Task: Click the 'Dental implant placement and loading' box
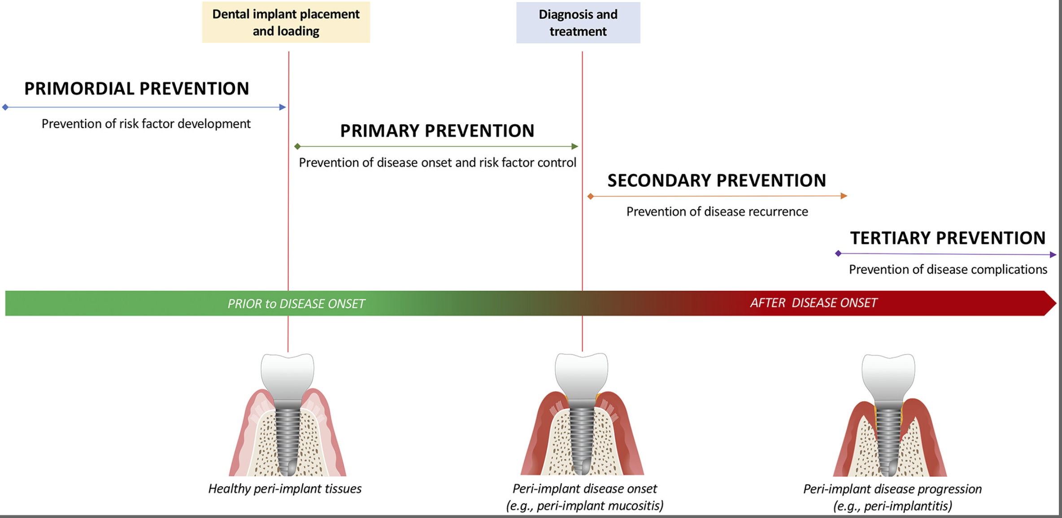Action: (x=286, y=22)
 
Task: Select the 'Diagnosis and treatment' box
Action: (x=578, y=23)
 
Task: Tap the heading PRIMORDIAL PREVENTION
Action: (x=137, y=89)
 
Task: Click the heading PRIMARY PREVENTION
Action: (x=437, y=131)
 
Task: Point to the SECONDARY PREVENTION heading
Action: (x=717, y=181)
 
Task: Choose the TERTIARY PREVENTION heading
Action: (x=948, y=238)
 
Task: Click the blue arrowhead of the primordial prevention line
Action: (x=283, y=107)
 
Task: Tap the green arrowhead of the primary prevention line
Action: (x=575, y=147)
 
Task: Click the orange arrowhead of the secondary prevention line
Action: (x=844, y=196)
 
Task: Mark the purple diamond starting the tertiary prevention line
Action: (x=838, y=254)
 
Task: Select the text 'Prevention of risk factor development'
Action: (x=146, y=124)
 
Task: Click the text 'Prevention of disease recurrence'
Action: (x=717, y=212)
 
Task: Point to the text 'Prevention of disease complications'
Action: (x=948, y=269)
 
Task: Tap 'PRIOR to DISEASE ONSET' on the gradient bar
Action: (x=296, y=304)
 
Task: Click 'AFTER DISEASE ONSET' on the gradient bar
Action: (x=814, y=303)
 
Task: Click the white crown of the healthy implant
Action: (x=287, y=376)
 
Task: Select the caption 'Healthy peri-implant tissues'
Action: (x=285, y=488)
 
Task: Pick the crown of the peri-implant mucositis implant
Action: (x=582, y=376)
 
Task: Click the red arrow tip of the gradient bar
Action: (x=1056, y=303)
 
